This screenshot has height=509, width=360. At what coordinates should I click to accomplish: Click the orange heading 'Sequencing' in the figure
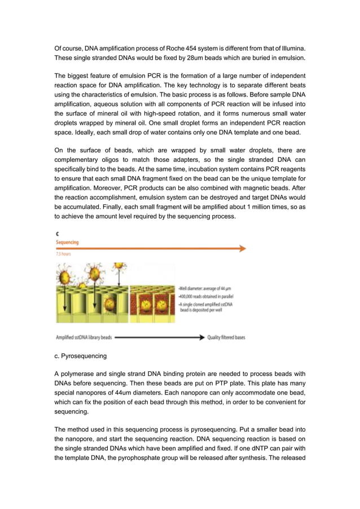[67, 242]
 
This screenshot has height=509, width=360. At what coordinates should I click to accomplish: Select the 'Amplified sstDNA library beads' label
[83, 337]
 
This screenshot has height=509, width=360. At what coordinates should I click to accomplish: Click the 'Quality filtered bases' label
[226, 337]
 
